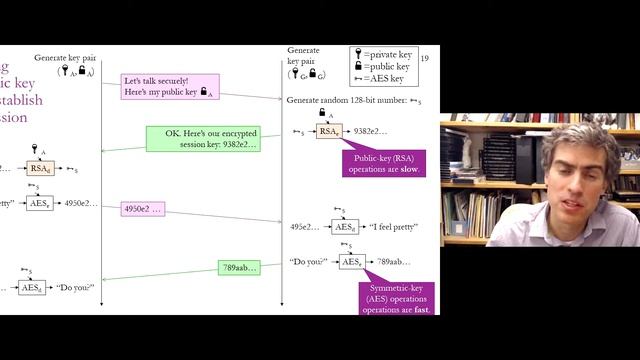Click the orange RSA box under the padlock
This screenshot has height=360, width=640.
click(x=328, y=131)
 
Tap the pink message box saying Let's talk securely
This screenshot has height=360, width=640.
click(x=169, y=87)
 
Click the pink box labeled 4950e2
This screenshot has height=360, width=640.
click(x=142, y=209)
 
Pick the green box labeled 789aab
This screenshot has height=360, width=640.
click(x=239, y=267)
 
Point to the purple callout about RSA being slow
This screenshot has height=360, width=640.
click(x=383, y=163)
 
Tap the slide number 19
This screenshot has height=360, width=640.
click(x=425, y=59)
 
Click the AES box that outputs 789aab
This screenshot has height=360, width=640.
click(x=351, y=262)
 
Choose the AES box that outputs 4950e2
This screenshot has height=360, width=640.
click(x=39, y=203)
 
